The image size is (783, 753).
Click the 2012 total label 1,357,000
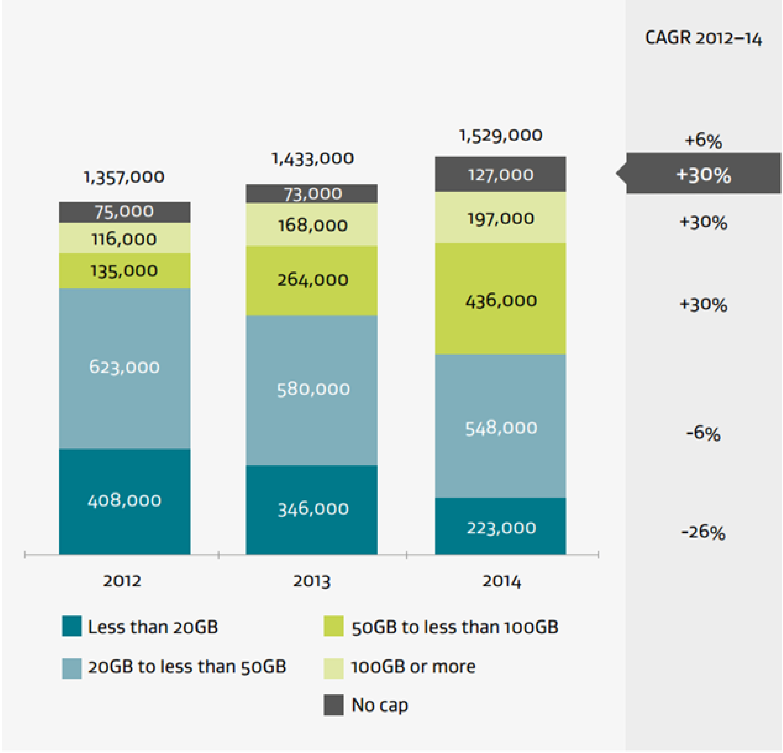124,177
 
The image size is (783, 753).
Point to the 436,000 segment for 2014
500,300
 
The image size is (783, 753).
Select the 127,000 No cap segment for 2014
500,175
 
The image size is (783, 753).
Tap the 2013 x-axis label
312,581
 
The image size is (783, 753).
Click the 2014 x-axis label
501,581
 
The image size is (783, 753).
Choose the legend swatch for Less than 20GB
72,626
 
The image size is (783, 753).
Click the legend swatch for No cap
333,705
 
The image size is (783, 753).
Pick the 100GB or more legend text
413,667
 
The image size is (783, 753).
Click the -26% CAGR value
703,532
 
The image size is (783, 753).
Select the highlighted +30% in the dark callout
703,175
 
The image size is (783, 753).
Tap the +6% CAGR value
703,140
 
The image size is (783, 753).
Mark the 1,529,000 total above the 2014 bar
500,136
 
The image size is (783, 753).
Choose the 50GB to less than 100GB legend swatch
333,626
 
